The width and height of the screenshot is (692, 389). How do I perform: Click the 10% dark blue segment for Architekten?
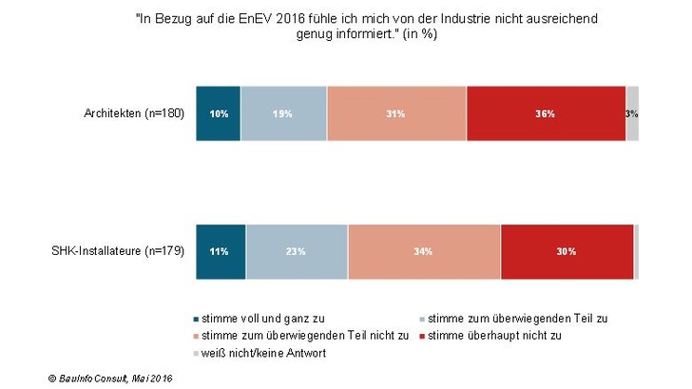[x=218, y=113]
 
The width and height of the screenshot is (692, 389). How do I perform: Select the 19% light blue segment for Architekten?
[x=283, y=113]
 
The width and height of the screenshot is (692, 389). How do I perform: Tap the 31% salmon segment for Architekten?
[x=396, y=113]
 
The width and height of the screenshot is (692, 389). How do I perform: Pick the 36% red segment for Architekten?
[x=546, y=113]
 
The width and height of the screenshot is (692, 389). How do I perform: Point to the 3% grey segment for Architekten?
[x=632, y=113]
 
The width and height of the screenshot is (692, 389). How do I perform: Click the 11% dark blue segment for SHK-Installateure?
[x=221, y=252]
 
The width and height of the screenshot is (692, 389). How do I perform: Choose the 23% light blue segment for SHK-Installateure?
[x=297, y=252]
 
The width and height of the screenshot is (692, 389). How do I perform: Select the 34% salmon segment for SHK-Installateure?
[x=424, y=252]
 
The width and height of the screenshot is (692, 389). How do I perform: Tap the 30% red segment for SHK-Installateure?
[x=567, y=252]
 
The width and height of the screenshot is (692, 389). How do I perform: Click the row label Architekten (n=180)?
[x=134, y=113]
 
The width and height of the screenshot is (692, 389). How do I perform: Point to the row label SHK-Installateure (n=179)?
[x=118, y=252]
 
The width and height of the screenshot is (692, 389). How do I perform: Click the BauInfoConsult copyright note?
[x=110, y=379]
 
